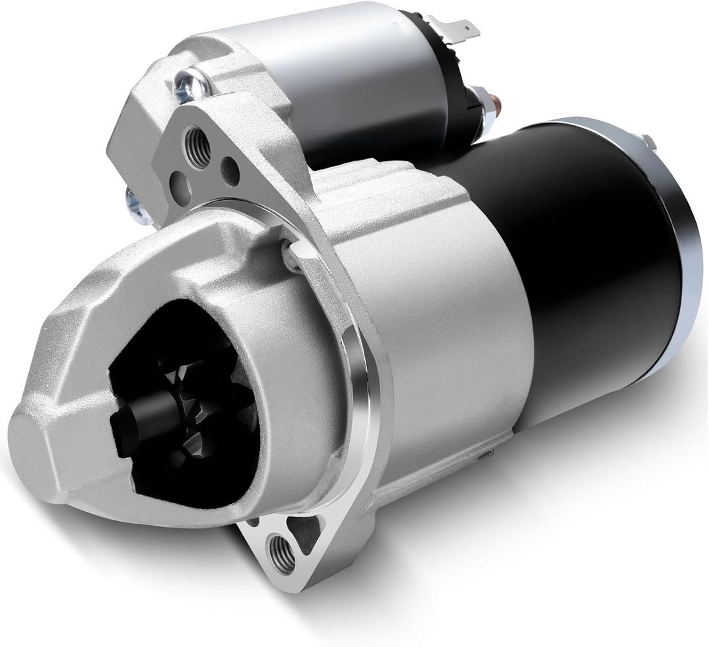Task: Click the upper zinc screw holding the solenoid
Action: pyautogui.click(x=191, y=81)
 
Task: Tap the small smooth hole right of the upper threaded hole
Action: pyautogui.click(x=230, y=170)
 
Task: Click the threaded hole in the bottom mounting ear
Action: pyautogui.click(x=282, y=553)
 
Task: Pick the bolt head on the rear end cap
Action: pyautogui.click(x=650, y=142)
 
